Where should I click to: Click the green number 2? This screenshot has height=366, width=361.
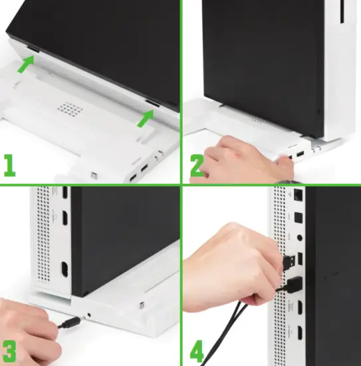(x=197, y=165)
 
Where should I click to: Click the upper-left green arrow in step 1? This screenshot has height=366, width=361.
(x=25, y=64)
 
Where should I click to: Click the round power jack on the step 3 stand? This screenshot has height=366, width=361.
(x=90, y=311)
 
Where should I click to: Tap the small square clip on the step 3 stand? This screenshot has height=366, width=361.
(x=142, y=307)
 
